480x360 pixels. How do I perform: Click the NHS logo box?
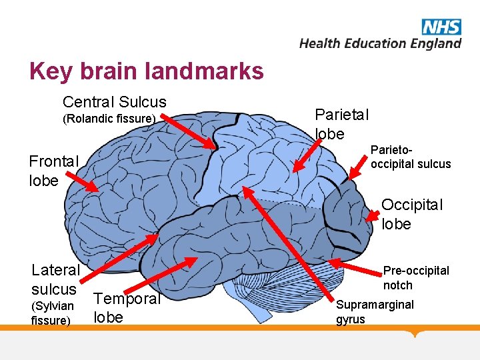pyautogui.click(x=441, y=27)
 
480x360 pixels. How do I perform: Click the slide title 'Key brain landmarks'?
pyautogui.click(x=147, y=71)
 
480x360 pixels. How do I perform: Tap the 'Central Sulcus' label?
pyautogui.click(x=114, y=102)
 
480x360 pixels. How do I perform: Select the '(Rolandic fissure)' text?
pyautogui.click(x=109, y=119)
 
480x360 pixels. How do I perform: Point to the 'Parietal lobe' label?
pyautogui.click(x=341, y=124)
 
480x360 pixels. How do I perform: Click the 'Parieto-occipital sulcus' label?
pyautogui.click(x=411, y=157)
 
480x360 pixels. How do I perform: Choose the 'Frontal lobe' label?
pyautogui.click(x=53, y=171)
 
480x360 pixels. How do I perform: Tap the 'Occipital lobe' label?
pyautogui.click(x=411, y=214)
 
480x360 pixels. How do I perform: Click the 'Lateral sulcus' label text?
pyautogui.click(x=55, y=279)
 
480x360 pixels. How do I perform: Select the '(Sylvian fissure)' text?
pyautogui.click(x=53, y=313)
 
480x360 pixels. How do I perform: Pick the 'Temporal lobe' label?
pyautogui.click(x=127, y=308)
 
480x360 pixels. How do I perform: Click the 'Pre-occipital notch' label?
pyautogui.click(x=415, y=277)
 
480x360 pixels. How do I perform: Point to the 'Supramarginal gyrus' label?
pyautogui.click(x=375, y=311)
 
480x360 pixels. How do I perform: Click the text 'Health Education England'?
pyautogui.click(x=380, y=43)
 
